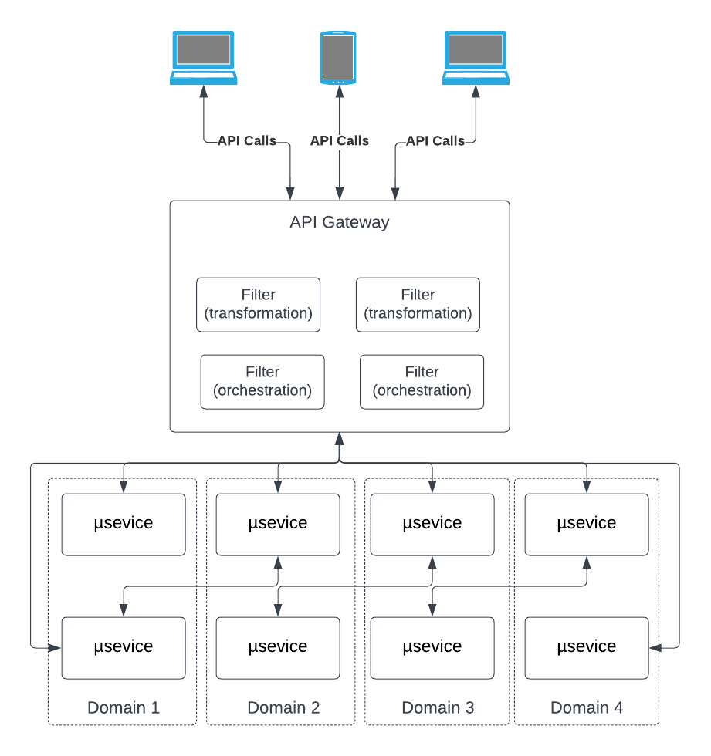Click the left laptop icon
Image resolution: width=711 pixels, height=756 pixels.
tap(203, 57)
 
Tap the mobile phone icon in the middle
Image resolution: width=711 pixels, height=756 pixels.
tap(338, 58)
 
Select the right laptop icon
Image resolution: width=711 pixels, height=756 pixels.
tap(476, 57)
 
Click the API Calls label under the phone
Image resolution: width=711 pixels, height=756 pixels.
tap(340, 140)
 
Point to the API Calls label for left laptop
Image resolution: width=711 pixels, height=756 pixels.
tap(246, 140)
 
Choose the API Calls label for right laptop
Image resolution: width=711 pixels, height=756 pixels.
tap(435, 140)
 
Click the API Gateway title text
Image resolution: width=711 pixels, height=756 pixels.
tap(340, 223)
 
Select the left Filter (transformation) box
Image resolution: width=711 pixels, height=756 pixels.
tap(258, 305)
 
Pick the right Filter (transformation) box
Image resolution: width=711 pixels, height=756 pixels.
tap(418, 305)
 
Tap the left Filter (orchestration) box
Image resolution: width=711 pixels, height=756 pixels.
tap(262, 381)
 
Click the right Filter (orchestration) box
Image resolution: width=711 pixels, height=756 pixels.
tap(422, 381)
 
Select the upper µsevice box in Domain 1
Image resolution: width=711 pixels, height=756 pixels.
tap(124, 524)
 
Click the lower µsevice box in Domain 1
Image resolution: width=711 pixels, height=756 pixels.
tap(124, 646)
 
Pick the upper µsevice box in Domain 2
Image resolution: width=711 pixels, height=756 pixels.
tap(278, 524)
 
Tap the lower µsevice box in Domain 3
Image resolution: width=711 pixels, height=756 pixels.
tap(432, 646)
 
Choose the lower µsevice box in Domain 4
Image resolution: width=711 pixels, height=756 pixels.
tap(587, 646)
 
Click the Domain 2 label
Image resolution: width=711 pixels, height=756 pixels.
tap(283, 707)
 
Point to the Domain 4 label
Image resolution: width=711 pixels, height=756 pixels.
tap(587, 707)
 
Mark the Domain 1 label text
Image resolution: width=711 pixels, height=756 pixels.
tap(124, 707)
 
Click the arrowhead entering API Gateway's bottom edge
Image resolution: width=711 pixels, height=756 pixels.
tap(339, 438)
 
